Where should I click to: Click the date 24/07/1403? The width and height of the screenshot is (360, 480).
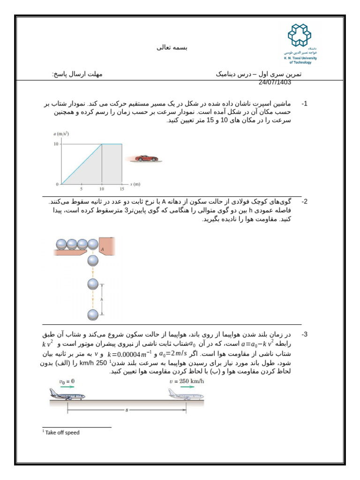[275, 82]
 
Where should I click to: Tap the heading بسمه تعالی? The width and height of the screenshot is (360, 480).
[174, 48]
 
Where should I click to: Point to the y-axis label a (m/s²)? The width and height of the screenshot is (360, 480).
[60, 134]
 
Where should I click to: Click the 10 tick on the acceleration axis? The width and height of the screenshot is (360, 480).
[55, 144]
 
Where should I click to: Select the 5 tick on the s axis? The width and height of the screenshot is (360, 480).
[82, 189]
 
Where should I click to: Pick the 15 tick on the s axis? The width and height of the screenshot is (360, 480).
[122, 189]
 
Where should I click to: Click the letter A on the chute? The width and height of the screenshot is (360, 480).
[102, 249]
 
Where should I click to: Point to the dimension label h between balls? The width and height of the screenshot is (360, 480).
[102, 299]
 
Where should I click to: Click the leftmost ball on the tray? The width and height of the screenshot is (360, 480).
[61, 244]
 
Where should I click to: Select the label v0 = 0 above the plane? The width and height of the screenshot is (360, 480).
[67, 382]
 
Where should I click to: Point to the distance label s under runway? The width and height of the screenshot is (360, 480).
[127, 411]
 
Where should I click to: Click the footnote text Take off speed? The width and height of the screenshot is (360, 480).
[62, 433]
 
